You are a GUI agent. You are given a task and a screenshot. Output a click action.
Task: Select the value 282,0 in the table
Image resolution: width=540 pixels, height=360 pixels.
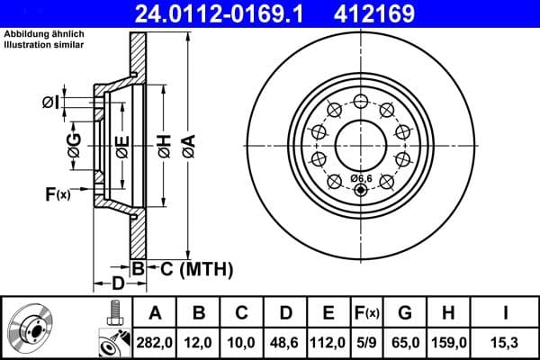tap(155, 342)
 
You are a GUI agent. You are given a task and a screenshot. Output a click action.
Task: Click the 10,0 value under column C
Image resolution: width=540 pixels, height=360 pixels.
tap(242, 342)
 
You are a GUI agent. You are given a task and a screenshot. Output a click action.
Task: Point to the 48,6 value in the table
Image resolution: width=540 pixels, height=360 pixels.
tap(285, 342)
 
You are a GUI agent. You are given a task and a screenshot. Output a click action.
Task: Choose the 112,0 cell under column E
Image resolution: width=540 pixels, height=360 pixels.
tap(328, 342)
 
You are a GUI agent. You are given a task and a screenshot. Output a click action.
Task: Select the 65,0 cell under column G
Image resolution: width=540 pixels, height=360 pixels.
tap(405, 342)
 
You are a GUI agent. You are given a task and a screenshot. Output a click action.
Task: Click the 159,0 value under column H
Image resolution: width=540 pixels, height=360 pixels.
tap(448, 342)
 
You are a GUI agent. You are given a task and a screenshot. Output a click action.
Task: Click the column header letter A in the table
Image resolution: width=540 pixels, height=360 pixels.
tap(155, 313)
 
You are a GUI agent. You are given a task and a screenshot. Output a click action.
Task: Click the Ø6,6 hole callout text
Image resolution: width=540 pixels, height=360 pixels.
tap(360, 178)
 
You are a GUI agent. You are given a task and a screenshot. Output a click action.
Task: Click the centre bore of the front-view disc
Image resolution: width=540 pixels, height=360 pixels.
tap(360, 144)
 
